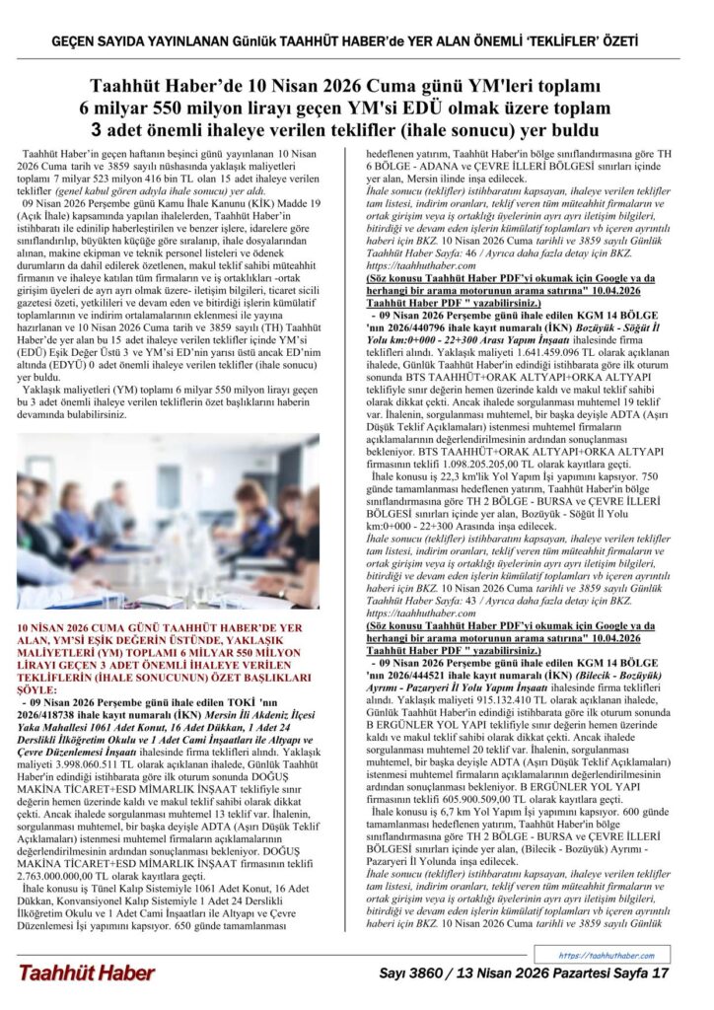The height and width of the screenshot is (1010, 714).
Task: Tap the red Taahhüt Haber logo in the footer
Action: pos(86,973)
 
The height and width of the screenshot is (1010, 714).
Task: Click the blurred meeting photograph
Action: pos(168,520)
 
